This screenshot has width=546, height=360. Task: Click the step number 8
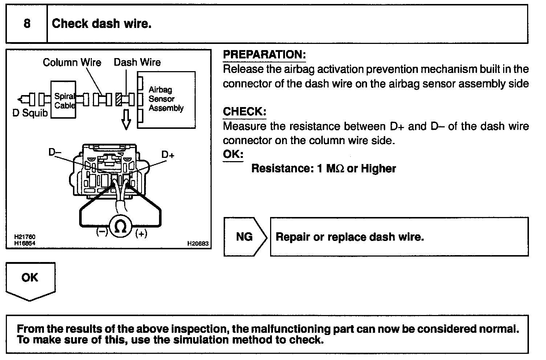point(27,24)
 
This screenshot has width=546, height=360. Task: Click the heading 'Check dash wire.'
point(102,24)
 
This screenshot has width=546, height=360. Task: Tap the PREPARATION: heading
point(264,55)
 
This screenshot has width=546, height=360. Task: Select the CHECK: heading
point(244,112)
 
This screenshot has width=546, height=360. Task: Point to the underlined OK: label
point(233,154)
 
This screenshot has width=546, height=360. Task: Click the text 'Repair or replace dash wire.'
point(350,237)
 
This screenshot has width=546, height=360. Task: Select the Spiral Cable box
point(64,100)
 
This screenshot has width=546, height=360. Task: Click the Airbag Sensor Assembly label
point(166,99)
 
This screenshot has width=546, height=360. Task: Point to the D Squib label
point(30,113)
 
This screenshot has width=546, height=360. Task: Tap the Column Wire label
point(72,62)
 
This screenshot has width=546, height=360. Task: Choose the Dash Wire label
point(137,62)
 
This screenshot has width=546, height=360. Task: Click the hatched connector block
point(118,99)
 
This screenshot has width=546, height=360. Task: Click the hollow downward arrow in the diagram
point(126,119)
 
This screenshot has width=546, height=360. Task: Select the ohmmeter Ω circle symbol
point(120,226)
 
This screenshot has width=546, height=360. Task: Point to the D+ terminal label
point(168,155)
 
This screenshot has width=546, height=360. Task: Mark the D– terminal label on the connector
point(55,152)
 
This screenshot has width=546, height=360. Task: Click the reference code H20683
point(198,244)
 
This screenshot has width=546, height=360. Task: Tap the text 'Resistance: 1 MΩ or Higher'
point(323,169)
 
